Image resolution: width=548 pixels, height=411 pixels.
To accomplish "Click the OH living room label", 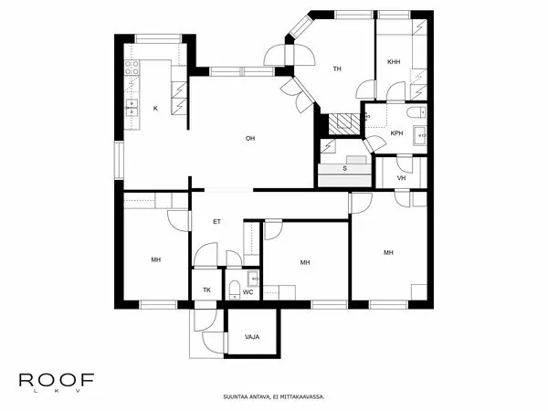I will [249, 138].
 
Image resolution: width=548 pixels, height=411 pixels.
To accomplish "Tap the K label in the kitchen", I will [155, 109].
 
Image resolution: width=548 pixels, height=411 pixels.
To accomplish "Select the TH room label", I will [337, 68].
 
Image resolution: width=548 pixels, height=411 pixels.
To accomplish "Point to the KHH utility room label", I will [394, 61].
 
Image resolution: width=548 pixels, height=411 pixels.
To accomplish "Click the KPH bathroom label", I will [396, 133].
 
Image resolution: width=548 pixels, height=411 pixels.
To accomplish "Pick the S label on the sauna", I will [344, 169].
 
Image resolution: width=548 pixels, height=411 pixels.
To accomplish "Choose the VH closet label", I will [401, 177].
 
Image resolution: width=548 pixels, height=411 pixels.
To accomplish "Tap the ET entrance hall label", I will [216, 221].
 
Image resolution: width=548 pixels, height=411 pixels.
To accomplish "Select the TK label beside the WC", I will [206, 290].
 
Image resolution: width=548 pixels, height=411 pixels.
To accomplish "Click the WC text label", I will [248, 291].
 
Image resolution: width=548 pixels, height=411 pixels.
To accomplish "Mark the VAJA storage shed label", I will [252, 336].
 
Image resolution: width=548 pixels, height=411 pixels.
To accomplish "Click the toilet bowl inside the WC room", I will [235, 290].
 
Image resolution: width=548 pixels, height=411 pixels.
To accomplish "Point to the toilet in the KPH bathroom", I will [415, 112].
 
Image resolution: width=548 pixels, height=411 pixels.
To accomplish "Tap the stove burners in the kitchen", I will [131, 70].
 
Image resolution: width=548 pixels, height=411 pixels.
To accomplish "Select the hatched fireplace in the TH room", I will [344, 119].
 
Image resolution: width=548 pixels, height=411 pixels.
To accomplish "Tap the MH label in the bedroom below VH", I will [388, 252].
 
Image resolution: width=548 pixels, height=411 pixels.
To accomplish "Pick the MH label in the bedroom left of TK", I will [155, 260].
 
